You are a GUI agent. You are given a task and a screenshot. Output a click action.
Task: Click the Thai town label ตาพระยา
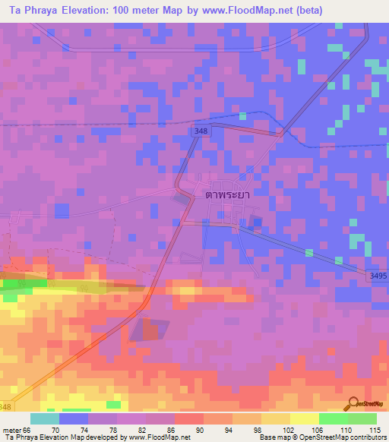point(228,194)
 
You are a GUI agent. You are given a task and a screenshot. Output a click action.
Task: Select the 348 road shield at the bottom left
point(6,410)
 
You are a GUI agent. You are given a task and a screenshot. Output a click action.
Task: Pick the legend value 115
point(375,430)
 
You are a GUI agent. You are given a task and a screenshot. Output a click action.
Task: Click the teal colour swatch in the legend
point(45,418)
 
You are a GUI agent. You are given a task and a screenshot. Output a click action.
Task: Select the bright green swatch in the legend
point(333,418)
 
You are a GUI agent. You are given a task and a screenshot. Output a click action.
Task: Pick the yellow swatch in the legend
point(303,418)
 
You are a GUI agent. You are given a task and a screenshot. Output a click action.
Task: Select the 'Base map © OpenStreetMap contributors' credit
point(321,438)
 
